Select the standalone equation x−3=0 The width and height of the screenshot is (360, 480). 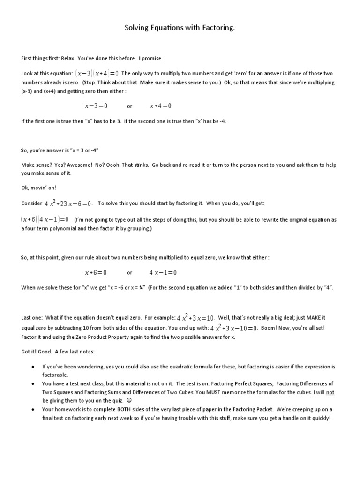click(x=96, y=106)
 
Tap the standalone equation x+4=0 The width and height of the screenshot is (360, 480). click(x=160, y=106)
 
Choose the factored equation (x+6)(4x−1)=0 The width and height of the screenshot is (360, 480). click(x=45, y=219)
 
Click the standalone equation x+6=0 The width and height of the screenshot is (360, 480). click(x=96, y=272)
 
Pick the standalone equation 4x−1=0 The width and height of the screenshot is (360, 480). click(x=163, y=272)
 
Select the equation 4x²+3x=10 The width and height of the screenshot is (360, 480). click(x=195, y=318)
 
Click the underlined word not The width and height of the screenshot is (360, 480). click(x=330, y=392)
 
